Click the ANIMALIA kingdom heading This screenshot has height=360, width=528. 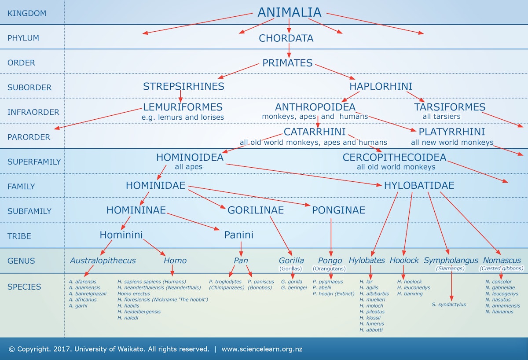(289, 12)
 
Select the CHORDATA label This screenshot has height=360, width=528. (286, 38)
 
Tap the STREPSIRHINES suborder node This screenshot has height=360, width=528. (183, 86)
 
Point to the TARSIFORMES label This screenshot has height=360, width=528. (449, 107)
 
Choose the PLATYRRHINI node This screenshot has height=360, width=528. (451, 132)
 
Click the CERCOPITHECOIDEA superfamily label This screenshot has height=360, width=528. (394, 157)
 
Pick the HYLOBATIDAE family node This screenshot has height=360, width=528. (419, 185)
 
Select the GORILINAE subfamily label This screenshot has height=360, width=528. (255, 210)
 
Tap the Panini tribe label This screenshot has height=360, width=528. (238, 235)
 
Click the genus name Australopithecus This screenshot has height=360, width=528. (103, 261)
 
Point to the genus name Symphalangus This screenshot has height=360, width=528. (451, 261)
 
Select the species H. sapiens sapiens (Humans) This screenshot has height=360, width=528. (151, 282)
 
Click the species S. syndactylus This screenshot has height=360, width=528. (448, 305)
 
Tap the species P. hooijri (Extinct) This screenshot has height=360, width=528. (333, 294)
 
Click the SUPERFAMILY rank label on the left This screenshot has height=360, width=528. (34, 162)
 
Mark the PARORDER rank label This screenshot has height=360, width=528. (29, 137)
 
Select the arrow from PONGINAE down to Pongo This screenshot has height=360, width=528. (331, 235)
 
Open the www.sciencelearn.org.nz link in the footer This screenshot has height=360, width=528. (262, 349)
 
